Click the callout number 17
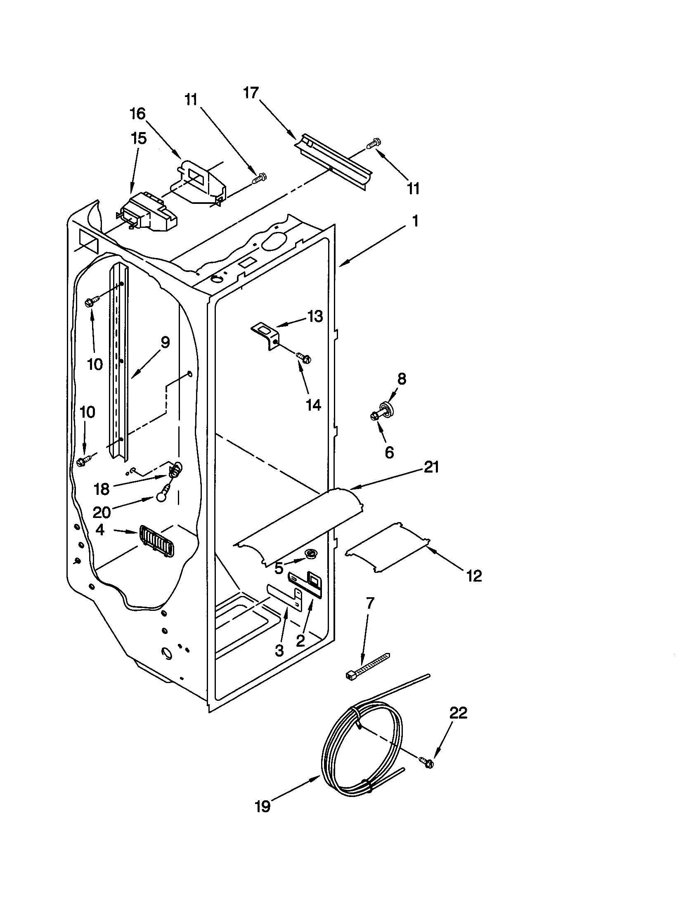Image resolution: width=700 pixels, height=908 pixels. pos(251,93)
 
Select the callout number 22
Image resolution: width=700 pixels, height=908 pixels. pos(458,713)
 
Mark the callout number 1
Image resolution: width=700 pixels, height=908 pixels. pos(415,221)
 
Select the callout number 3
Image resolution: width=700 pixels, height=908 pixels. pos(279,650)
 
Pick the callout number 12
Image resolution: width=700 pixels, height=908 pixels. pos(474,576)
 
